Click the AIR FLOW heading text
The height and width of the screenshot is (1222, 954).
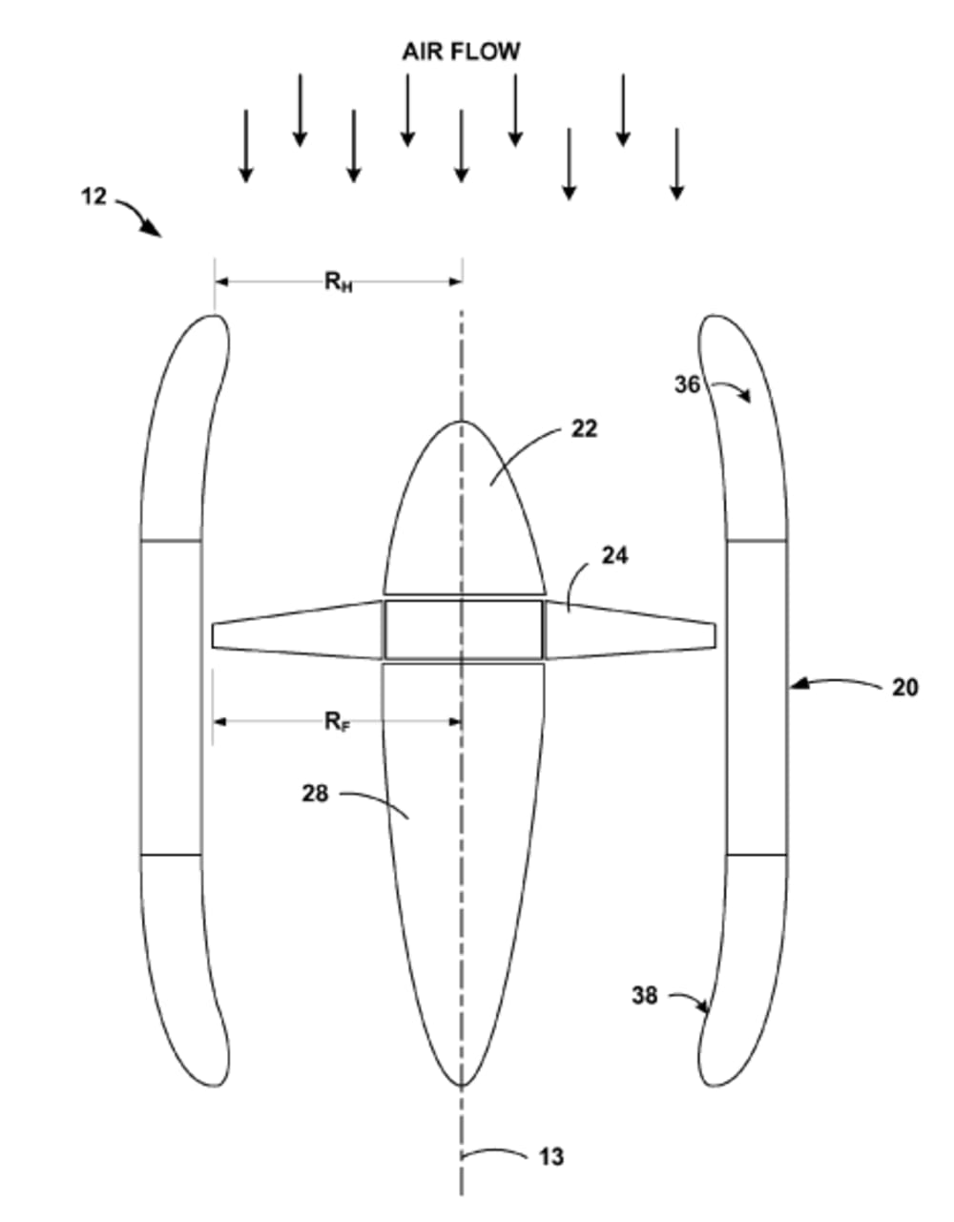coord(461,51)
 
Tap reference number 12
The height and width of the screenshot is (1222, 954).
coord(93,197)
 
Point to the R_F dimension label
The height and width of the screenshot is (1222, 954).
coord(337,721)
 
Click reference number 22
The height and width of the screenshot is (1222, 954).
coord(584,428)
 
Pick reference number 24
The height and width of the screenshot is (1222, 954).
coord(614,554)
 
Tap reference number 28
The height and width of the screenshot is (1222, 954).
coord(315,793)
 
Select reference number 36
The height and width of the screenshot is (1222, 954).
coord(688,384)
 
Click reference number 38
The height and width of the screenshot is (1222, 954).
coord(645,995)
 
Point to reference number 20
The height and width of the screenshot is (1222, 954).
coord(904,686)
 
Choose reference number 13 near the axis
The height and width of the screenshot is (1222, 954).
coord(551,1157)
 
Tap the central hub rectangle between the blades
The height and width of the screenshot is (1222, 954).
coord(464,630)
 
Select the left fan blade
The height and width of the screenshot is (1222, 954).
coord(296,630)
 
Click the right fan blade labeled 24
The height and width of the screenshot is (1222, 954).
coord(630,631)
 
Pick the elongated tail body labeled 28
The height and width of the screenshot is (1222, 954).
coord(464,859)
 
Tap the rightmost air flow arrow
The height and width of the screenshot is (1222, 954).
coord(677,163)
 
